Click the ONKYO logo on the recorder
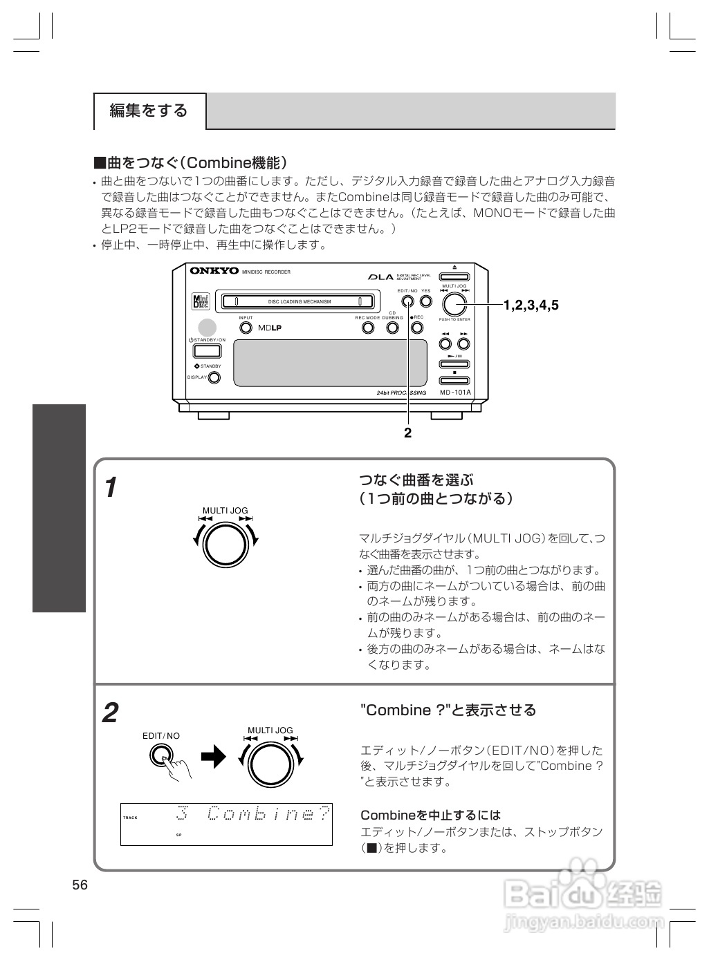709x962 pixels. [214, 271]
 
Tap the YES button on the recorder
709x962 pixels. [426, 301]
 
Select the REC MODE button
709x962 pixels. [368, 328]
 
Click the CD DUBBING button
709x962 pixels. [393, 328]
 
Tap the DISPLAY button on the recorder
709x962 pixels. [214, 377]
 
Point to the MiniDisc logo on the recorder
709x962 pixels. [200, 302]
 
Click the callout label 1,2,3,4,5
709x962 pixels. [531, 305]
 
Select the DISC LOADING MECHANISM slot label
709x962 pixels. [300, 302]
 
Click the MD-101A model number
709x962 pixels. [455, 393]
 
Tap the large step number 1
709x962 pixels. [111, 488]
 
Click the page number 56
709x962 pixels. [80, 885]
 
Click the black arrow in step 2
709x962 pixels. [214, 758]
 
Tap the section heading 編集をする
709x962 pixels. [149, 111]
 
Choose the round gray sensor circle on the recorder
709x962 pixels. [207, 328]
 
